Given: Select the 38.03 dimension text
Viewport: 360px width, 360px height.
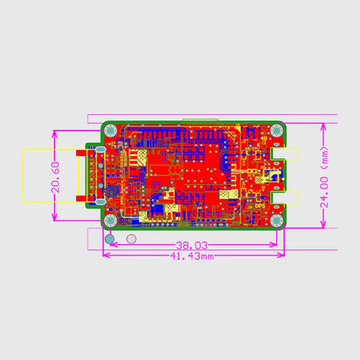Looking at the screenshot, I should click(193, 245).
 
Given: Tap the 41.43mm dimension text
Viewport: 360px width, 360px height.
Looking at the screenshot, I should click(193, 257).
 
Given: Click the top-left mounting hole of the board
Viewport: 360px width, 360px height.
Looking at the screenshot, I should click(110, 131).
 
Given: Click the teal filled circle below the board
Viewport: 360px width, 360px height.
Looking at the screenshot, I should click(110, 238).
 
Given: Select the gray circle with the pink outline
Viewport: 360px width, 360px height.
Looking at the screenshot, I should click(132, 238).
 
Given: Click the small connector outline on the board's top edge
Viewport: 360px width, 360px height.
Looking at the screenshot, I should click(199, 119).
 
